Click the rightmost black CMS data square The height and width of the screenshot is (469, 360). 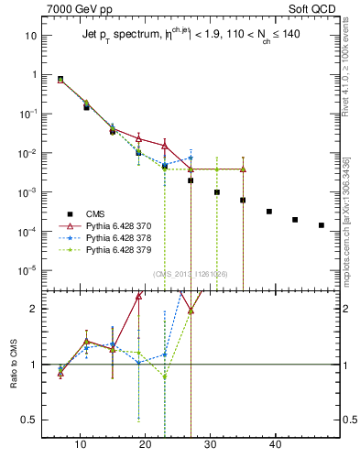pyautogui.click(x=321, y=224)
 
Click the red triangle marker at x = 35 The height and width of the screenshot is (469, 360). pyautogui.click(x=243, y=169)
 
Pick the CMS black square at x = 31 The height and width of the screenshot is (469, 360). pyautogui.click(x=217, y=192)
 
